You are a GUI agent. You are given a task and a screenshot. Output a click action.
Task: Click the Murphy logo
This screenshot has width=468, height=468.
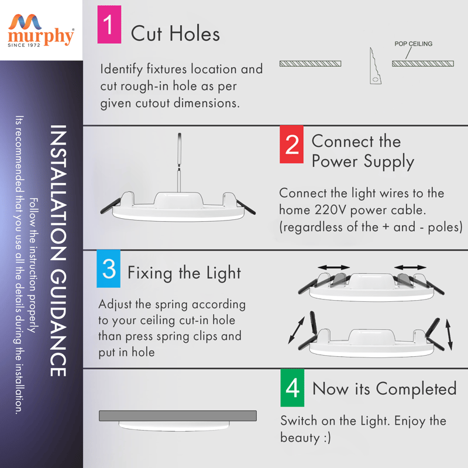click(41, 30)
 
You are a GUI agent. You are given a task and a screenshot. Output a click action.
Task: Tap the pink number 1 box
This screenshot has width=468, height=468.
click(109, 25)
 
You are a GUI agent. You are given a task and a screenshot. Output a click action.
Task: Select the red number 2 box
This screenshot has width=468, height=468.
click(291, 144)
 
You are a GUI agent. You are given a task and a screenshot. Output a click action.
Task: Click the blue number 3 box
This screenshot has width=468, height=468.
click(109, 269)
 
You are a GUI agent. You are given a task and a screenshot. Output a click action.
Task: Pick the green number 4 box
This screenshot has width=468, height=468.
click(292, 388)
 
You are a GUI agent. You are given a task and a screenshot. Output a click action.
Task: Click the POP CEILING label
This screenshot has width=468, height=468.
click(414, 44)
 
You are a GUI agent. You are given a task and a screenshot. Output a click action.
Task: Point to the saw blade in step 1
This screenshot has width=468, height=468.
click(375, 66)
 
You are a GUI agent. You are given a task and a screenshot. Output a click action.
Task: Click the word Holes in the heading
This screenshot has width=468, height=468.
click(195, 33)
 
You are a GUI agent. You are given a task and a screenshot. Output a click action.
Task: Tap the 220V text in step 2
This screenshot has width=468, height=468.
click(330, 210)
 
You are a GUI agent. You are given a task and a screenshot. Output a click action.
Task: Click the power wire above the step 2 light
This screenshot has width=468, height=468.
click(180, 163)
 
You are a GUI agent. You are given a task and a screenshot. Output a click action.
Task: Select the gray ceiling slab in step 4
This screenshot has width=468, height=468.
click(178, 416)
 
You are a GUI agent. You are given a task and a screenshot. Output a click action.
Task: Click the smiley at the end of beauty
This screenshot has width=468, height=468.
click(327, 438)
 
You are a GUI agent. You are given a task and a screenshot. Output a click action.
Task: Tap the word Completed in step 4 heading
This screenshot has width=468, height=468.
click(416, 388)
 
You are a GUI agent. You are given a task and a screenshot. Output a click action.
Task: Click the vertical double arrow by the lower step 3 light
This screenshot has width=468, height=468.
click(449, 335)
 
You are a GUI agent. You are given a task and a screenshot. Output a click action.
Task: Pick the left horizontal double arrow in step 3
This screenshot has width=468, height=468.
click(333, 267)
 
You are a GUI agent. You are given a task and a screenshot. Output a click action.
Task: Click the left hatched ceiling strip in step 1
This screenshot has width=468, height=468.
click(311, 64)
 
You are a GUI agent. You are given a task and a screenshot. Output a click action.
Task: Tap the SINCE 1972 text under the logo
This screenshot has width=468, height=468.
click(24, 45)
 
